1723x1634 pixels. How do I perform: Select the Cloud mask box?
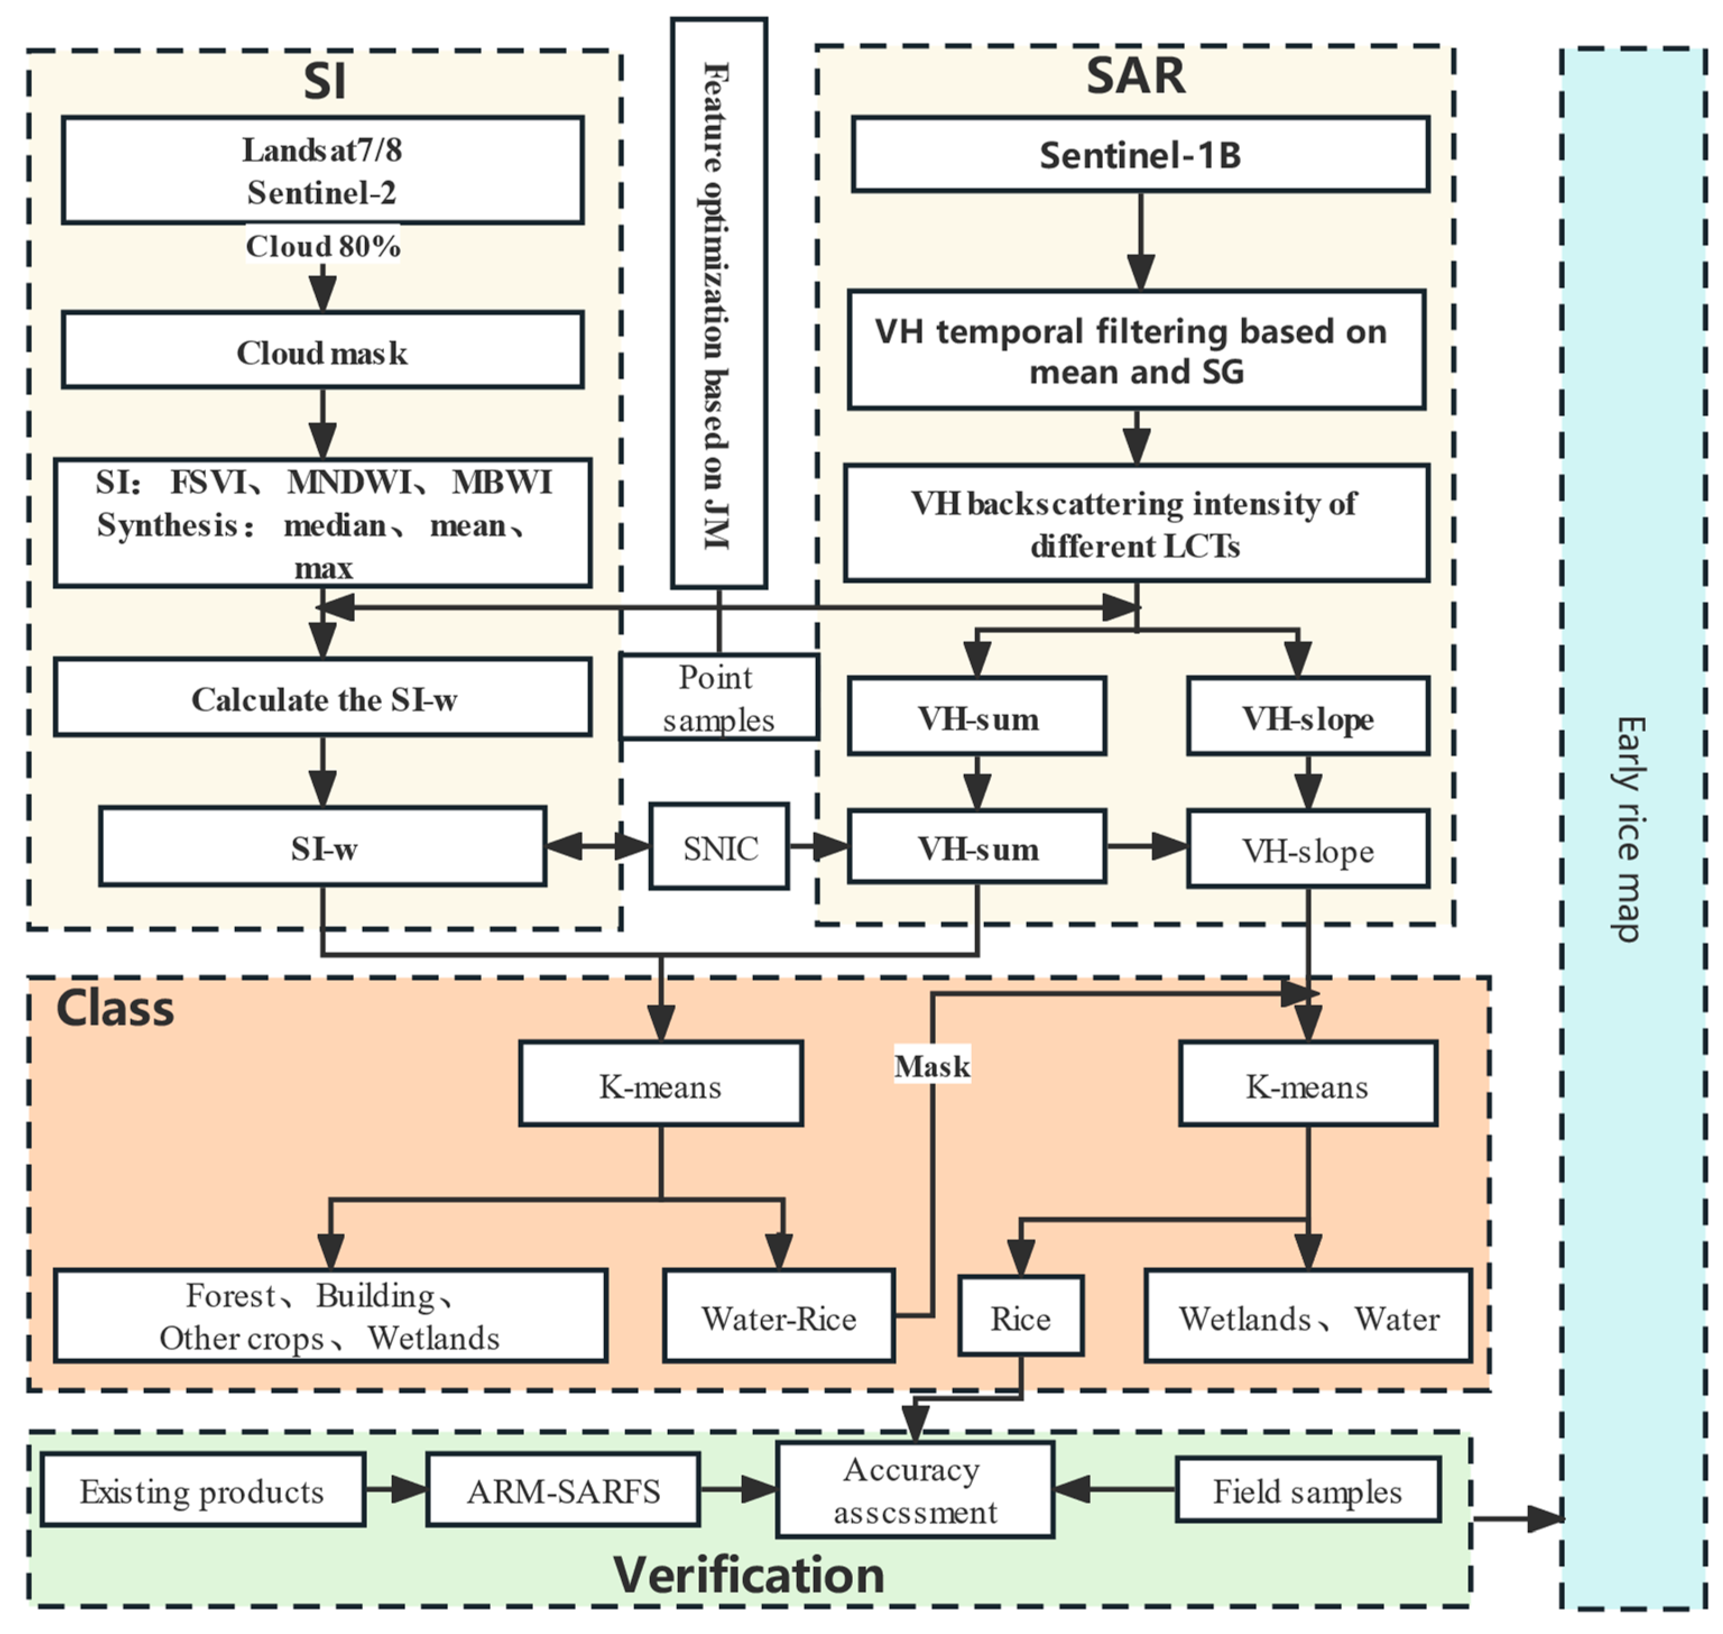322,351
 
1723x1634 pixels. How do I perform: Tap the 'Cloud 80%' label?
322,246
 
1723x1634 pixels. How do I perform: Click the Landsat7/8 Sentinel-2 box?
322,171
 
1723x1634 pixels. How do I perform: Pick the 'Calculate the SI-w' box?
322,698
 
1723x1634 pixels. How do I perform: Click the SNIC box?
719,846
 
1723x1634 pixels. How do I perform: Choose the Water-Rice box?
778,1318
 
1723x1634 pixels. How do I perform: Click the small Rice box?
1020,1318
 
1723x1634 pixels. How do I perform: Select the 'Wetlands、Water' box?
1308,1318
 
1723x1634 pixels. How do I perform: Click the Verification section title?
749,1575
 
